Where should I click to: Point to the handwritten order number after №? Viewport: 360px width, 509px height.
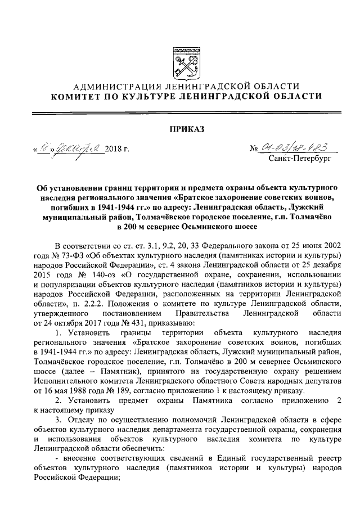295,148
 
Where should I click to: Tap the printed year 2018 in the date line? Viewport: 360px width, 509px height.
114,150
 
